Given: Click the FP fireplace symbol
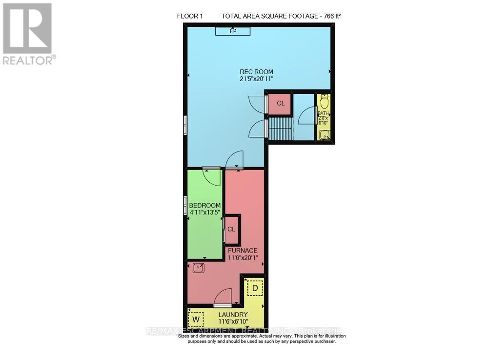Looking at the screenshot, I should (233, 31).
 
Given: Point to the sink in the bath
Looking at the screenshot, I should (324, 135).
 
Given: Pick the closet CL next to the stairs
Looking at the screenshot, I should (280, 104).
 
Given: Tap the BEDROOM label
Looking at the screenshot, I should (205, 205).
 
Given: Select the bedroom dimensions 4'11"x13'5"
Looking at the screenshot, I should (205, 212).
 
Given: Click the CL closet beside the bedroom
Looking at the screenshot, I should (231, 229).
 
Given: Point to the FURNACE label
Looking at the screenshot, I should (243, 251).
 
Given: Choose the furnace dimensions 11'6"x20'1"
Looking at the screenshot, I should (243, 258).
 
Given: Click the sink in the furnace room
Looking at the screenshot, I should (199, 268).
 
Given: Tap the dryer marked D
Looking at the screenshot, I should (254, 288).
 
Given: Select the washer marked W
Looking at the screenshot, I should (196, 319).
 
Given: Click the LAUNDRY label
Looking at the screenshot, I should (233, 315).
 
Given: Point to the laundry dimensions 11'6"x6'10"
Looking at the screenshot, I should (233, 322).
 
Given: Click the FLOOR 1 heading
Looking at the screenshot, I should (190, 16).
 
